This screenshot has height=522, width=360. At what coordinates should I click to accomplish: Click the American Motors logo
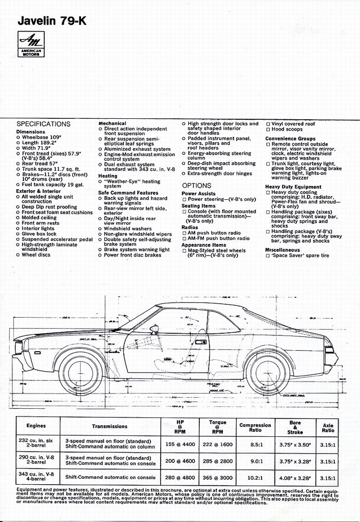(31, 44)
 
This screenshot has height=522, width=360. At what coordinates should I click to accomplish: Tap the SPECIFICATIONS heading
(43, 124)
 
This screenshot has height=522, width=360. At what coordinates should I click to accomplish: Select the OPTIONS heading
(196, 186)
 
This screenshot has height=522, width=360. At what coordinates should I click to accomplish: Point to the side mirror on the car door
(154, 329)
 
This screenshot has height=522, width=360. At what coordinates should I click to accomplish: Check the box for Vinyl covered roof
(268, 124)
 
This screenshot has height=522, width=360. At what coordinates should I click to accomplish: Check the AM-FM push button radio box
(185, 238)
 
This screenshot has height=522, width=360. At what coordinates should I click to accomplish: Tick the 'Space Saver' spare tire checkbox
(268, 256)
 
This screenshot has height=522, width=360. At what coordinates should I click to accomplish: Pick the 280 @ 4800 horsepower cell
(180, 478)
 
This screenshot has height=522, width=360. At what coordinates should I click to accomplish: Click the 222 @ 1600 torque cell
(217, 444)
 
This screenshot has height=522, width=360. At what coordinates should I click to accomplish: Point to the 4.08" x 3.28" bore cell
(295, 478)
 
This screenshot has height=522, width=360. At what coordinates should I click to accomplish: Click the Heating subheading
(108, 176)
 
